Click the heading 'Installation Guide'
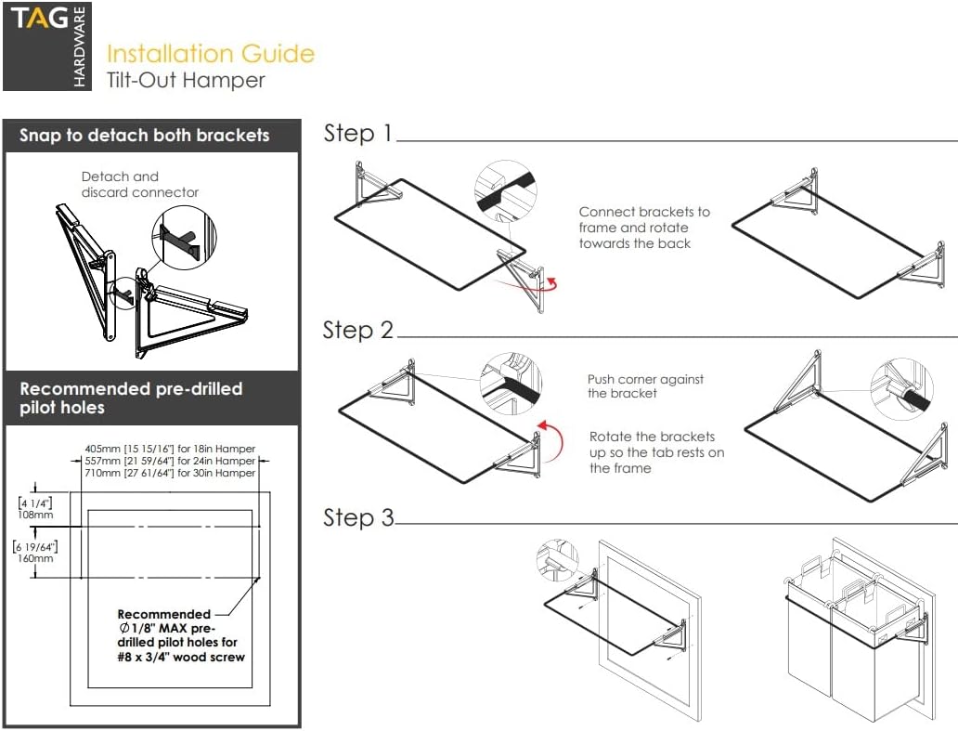pos(211,54)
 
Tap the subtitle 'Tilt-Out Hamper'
pos(186,81)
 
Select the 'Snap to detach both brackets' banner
pos(145,136)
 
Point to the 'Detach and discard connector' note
pos(139,184)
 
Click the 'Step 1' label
pos(358,134)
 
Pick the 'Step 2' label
pos(358,330)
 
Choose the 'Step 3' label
pos(358,517)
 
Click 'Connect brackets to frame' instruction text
pos(644,228)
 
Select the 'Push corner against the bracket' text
pos(645,385)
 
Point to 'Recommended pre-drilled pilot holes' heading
pos(131,398)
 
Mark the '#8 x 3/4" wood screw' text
pos(182,657)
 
